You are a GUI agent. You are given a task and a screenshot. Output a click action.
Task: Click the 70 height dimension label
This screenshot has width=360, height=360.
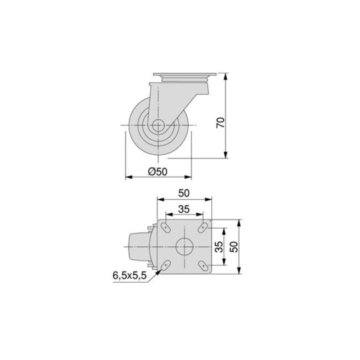pyautogui.click(x=220, y=123)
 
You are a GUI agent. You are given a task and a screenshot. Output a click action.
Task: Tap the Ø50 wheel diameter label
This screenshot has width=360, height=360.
pyautogui.click(x=158, y=171)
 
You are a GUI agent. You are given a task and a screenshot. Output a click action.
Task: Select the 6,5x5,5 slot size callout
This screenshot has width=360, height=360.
pyautogui.click(x=130, y=276)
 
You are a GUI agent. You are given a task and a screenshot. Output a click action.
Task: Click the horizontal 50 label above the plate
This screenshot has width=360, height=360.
pyautogui.click(x=184, y=193)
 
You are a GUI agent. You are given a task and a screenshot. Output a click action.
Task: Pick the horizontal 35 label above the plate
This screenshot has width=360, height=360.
pyautogui.click(x=184, y=209)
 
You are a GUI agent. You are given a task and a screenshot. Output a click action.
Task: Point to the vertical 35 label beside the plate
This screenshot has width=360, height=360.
pyautogui.click(x=219, y=247)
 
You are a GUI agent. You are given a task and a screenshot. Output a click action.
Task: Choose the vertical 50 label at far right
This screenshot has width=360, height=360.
pyautogui.click(x=234, y=247)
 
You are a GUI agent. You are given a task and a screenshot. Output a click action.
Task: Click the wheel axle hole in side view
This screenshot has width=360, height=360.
pyautogui.click(x=158, y=125)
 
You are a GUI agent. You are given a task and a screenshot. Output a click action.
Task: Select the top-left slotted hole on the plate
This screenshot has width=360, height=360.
pyautogui.click(x=166, y=227)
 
